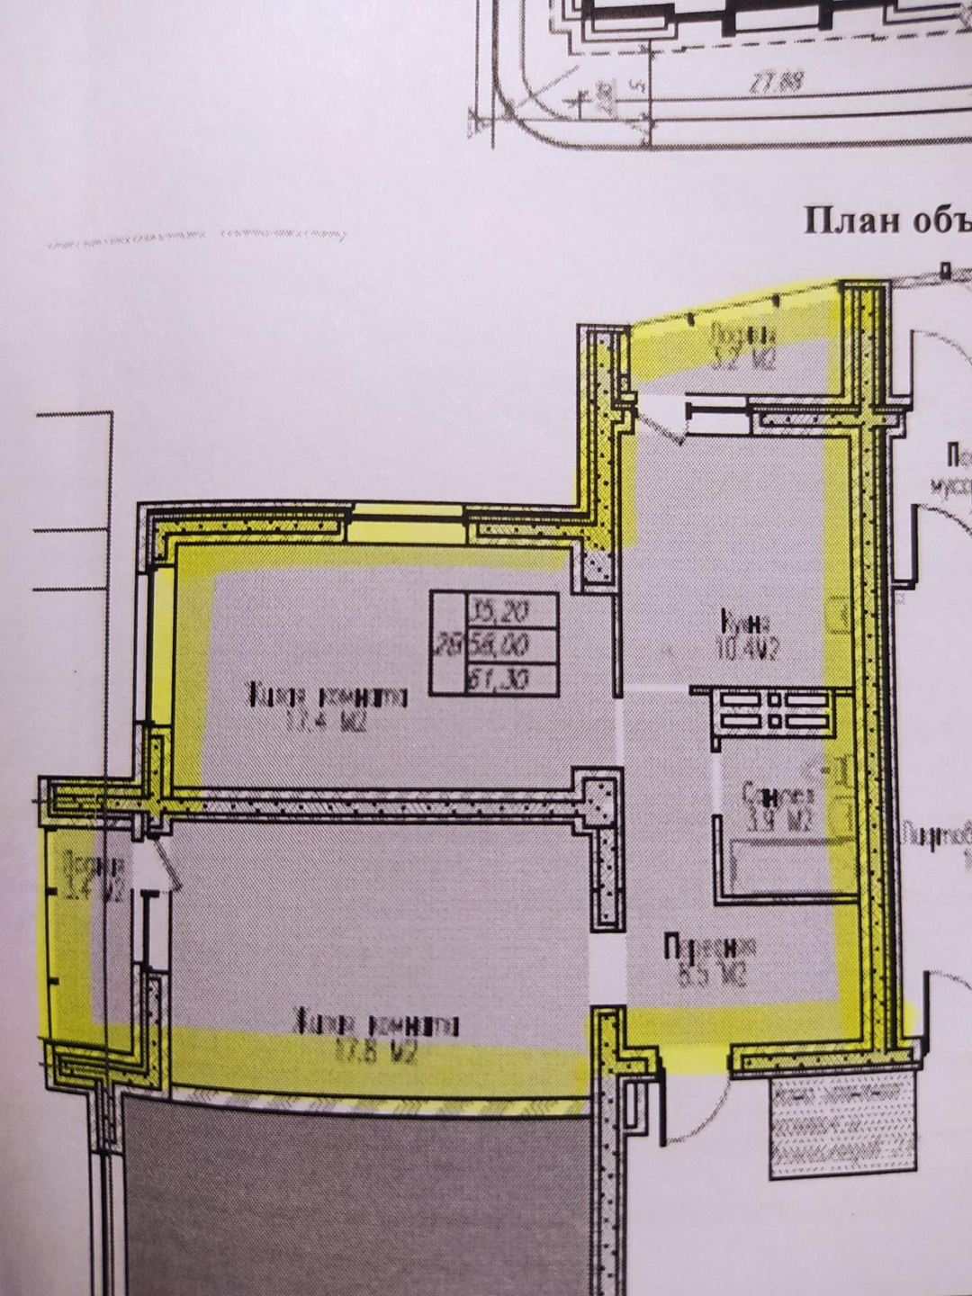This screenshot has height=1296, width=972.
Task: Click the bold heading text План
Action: coord(841,221)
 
